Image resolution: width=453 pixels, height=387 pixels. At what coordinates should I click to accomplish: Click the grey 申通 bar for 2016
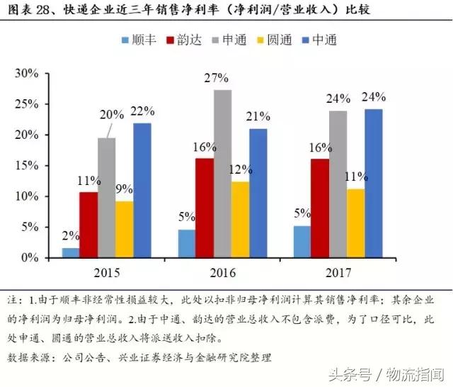click(x=202, y=174)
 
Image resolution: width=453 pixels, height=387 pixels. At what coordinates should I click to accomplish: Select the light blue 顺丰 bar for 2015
click(x=71, y=252)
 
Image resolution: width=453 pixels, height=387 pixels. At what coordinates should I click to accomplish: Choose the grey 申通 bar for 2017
click(x=338, y=184)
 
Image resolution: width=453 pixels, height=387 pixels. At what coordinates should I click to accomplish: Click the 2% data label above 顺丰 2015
click(x=70, y=237)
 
